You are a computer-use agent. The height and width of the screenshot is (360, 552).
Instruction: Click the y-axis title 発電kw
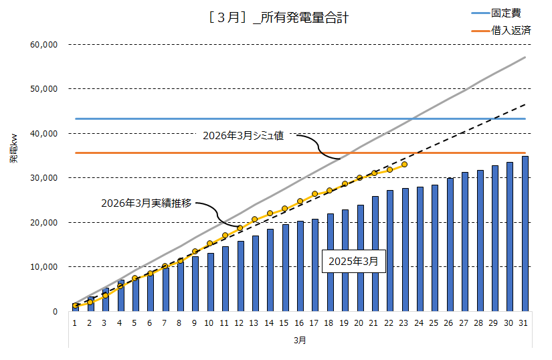point(13,150)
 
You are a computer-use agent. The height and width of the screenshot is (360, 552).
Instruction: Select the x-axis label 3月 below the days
point(300,340)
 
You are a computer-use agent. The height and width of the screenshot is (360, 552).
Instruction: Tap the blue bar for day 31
point(525,234)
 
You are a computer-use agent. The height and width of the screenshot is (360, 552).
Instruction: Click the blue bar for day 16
point(300,266)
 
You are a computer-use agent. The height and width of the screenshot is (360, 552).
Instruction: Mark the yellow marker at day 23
point(405,164)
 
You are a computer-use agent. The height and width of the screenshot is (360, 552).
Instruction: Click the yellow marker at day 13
point(255,219)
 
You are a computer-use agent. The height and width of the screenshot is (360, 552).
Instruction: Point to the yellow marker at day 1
point(76,306)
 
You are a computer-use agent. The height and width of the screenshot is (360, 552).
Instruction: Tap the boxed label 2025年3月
point(354,262)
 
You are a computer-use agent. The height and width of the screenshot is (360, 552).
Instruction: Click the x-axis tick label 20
point(360,323)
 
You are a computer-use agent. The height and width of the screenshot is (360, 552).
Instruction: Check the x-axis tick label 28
point(480,323)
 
